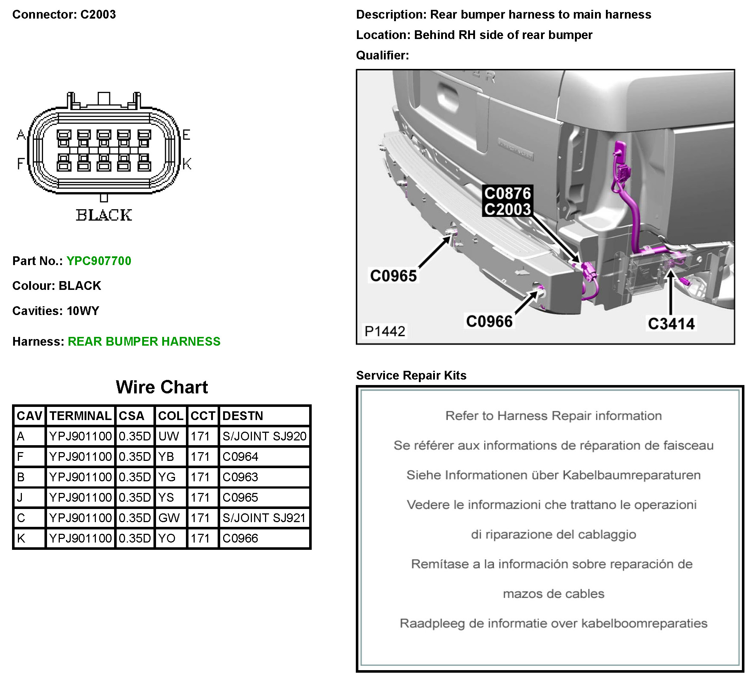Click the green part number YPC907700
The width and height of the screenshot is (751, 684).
click(x=99, y=261)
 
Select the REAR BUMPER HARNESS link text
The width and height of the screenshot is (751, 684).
click(x=144, y=341)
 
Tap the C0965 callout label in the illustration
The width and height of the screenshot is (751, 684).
click(x=393, y=276)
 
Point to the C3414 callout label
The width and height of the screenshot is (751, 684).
click(x=671, y=324)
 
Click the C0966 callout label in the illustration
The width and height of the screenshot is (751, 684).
click(x=489, y=322)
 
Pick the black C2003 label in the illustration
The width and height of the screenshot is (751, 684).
click(x=507, y=209)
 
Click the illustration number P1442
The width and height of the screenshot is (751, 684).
click(x=385, y=331)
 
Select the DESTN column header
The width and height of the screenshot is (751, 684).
click(x=242, y=416)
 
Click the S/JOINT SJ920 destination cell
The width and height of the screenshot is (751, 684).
click(x=264, y=436)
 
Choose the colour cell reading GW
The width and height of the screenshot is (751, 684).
click(x=169, y=518)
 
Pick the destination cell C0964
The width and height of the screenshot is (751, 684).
click(x=240, y=457)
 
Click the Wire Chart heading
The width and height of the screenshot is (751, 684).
click(x=162, y=387)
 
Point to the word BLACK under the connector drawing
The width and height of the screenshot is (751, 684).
click(x=104, y=215)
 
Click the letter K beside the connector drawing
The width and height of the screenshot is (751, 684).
click(x=187, y=164)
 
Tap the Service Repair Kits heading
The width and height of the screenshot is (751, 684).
click(x=411, y=375)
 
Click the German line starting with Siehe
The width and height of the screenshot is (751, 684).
click(x=553, y=475)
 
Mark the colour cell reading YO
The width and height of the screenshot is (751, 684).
click(x=167, y=538)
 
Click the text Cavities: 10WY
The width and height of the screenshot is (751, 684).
click(x=56, y=311)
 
